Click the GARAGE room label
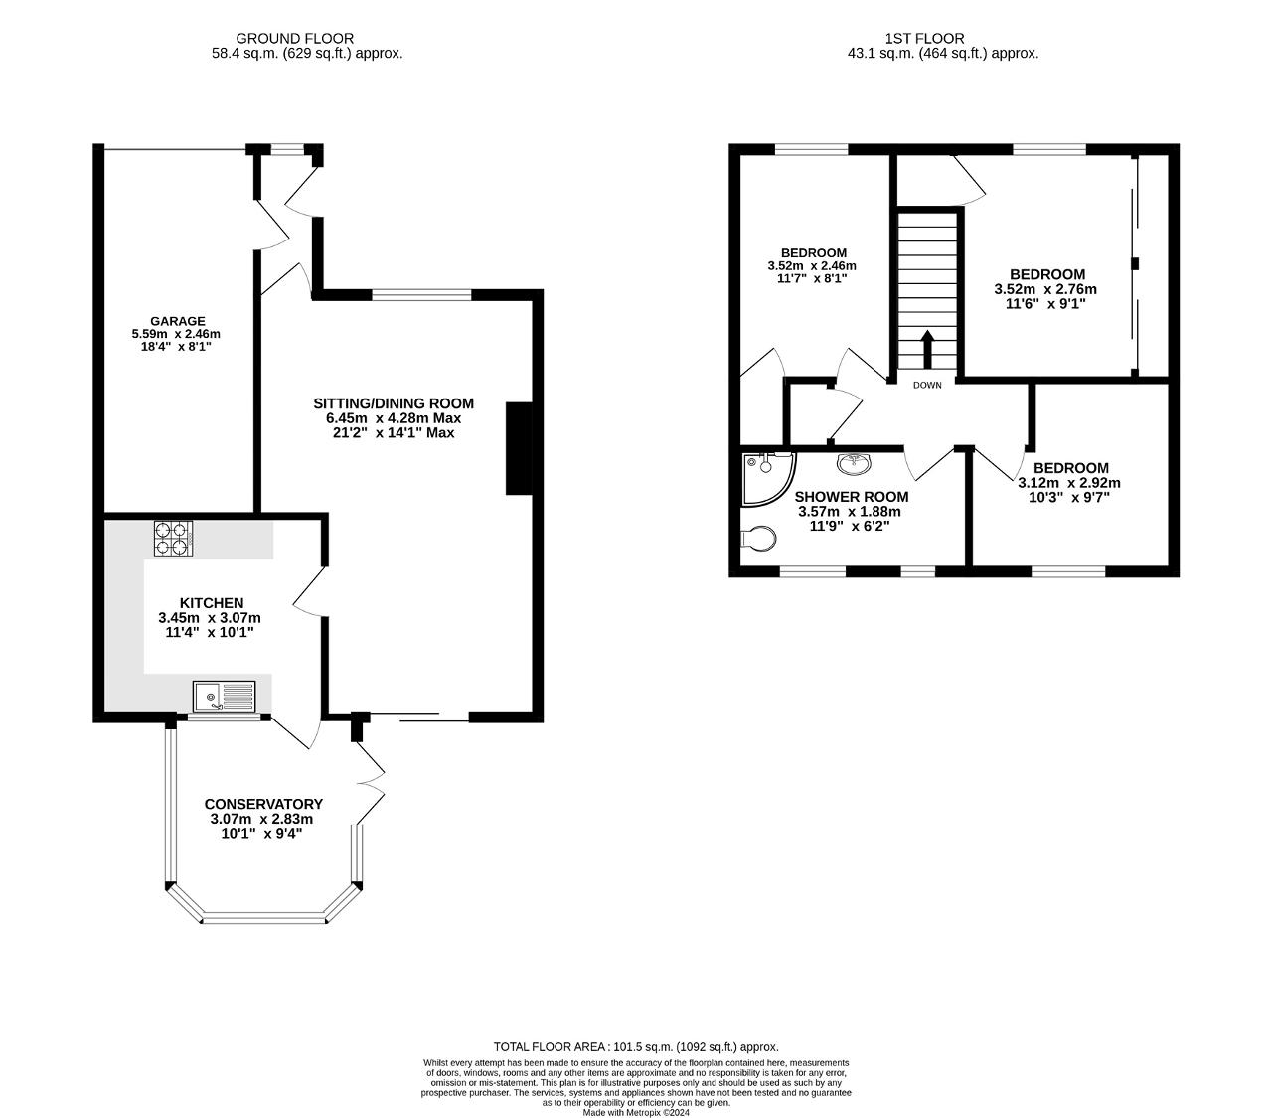[x=177, y=321]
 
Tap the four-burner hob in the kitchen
[x=173, y=539]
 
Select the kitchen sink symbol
[x=225, y=697]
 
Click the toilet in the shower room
[x=758, y=538]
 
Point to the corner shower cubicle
[x=767, y=478]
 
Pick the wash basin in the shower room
[x=854, y=463]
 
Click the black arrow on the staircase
[x=927, y=350]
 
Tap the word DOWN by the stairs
[x=927, y=385]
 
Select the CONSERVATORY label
[x=263, y=804]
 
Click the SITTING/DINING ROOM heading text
[x=393, y=403]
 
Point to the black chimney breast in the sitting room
[x=519, y=449]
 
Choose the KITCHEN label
[x=212, y=603]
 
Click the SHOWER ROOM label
[x=852, y=497]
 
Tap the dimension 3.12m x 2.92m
[x=1068, y=483]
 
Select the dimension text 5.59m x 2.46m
[x=176, y=334]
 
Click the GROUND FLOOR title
[x=294, y=39]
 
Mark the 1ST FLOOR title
[x=924, y=39]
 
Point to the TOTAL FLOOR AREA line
[x=636, y=1047]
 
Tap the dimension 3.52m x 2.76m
[x=1045, y=289]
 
